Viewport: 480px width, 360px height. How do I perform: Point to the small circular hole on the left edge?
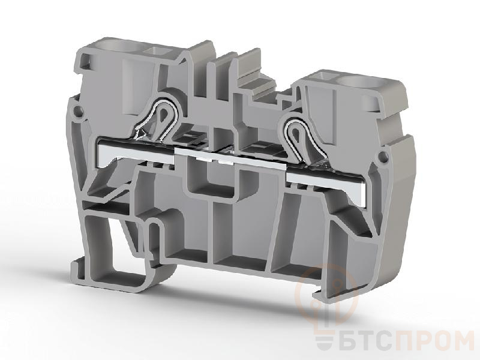click(78, 110)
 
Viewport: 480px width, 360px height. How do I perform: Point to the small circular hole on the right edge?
click(383, 157)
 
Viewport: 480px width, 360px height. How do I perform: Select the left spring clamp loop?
click(161, 118)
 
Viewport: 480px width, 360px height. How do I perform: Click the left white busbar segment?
click(134, 151)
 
